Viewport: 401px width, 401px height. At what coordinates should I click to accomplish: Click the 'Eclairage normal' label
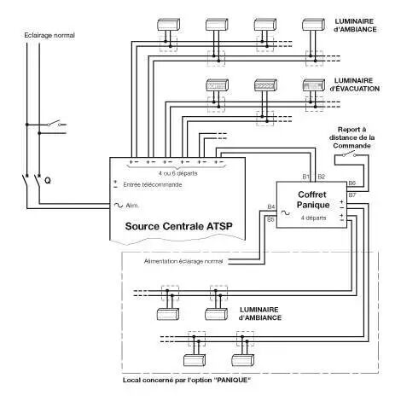click(x=49, y=36)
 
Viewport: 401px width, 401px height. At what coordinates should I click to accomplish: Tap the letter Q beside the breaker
click(x=48, y=181)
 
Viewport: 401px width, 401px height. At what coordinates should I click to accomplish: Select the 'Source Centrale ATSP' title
click(x=178, y=226)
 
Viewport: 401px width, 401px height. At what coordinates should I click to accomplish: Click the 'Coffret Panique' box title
click(x=312, y=200)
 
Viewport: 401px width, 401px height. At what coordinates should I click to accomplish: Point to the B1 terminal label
click(x=305, y=177)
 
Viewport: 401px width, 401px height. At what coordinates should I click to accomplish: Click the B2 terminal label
click(x=321, y=177)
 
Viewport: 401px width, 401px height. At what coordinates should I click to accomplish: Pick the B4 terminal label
click(x=271, y=206)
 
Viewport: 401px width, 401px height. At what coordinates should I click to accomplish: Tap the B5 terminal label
click(x=270, y=219)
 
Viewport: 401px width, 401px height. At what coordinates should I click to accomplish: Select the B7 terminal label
click(x=352, y=195)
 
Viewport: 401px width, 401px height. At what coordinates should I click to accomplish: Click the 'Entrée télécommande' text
click(x=153, y=185)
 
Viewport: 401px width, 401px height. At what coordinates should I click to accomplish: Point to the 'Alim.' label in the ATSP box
click(x=132, y=206)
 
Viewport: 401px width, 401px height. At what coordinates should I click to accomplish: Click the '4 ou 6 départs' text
click(x=177, y=173)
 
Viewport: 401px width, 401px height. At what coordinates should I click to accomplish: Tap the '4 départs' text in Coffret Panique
click(x=313, y=218)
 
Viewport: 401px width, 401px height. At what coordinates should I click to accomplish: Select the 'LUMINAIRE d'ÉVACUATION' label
click(x=354, y=84)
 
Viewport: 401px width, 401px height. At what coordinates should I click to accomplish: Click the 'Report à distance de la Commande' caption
click(x=352, y=137)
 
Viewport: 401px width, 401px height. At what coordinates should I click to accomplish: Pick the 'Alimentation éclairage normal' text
click(x=183, y=261)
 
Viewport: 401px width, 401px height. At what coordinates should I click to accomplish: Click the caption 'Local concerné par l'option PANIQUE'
click(x=187, y=380)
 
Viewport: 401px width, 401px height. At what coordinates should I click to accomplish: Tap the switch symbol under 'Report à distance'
click(x=350, y=154)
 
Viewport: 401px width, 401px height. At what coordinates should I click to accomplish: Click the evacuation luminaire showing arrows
click(x=265, y=85)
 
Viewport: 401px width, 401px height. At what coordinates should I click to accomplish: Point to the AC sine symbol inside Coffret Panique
click(x=286, y=212)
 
